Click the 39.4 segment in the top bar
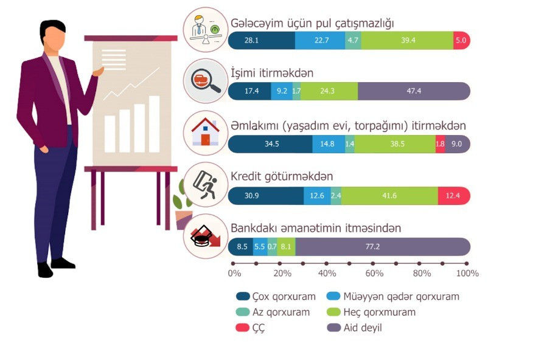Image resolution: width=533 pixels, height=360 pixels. [x=407, y=40]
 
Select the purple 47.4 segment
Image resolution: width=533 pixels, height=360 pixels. [x=414, y=91]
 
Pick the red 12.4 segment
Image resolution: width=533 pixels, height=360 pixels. [x=454, y=196]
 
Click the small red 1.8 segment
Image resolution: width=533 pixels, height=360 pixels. [x=441, y=144]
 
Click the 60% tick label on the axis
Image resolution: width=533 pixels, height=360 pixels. [x=374, y=274]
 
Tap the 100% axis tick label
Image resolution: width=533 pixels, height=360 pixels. [x=467, y=274]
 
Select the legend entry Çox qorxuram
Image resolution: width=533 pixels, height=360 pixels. [x=276, y=297]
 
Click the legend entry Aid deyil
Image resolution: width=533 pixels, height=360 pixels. [x=354, y=328]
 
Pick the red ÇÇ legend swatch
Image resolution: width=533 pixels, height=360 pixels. [x=243, y=328]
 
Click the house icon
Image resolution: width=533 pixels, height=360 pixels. [x=205, y=132]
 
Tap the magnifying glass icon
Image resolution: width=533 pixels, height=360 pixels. [x=205, y=81]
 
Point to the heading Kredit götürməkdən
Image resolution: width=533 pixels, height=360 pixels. [x=282, y=176]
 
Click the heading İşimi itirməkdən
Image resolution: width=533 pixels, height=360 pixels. [x=272, y=73]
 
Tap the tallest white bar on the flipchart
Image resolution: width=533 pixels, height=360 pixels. [x=155, y=124]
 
